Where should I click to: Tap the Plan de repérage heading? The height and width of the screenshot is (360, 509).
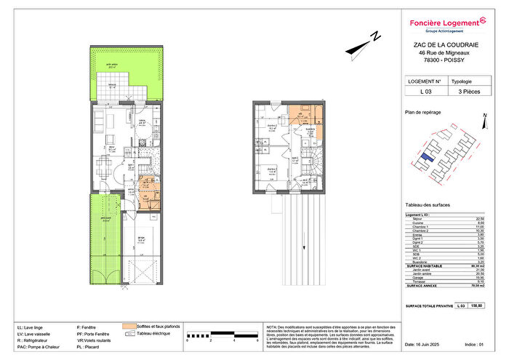423,113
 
